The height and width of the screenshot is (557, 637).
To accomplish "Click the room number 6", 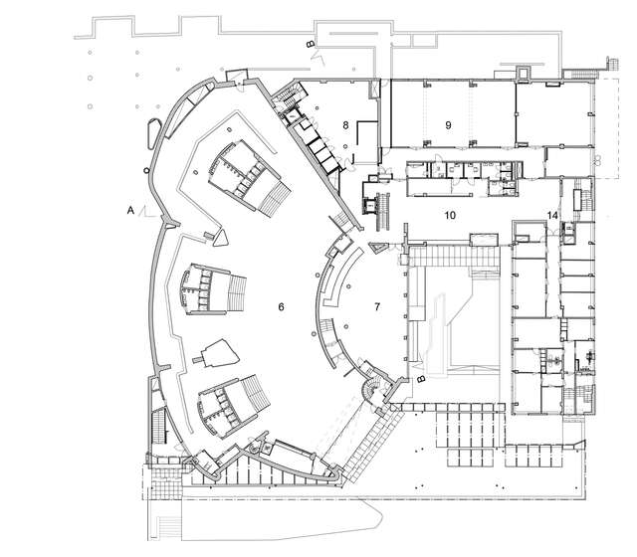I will [x=282, y=307].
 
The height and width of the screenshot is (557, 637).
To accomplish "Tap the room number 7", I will [x=376, y=305].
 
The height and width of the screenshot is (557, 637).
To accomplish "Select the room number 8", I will [x=345, y=125].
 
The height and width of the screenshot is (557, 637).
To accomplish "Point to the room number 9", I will [x=448, y=125].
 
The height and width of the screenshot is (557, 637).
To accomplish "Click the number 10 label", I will [x=449, y=215].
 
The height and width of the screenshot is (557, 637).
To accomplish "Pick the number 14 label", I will [x=552, y=216].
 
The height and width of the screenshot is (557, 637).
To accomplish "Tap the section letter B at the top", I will [x=310, y=45].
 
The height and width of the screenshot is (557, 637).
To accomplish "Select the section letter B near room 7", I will [x=421, y=378].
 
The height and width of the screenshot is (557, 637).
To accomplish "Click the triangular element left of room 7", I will [x=379, y=247].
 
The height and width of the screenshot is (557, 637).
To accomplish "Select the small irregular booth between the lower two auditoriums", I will [x=220, y=353].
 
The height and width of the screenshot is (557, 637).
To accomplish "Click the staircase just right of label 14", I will [x=575, y=233].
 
